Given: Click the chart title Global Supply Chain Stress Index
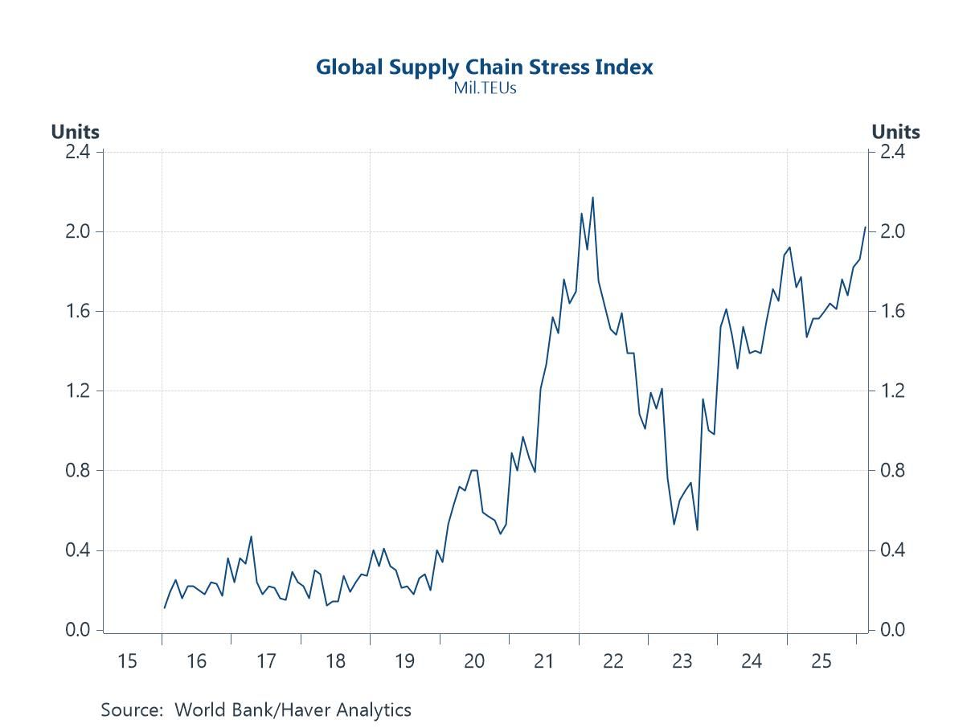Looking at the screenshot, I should click(484, 67).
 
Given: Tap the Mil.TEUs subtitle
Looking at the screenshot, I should click(484, 88).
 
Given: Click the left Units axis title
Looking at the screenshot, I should click(75, 132).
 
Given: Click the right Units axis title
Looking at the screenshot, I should click(895, 132).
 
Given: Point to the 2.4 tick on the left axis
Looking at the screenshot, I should click(79, 152).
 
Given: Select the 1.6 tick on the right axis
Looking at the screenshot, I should click(893, 311).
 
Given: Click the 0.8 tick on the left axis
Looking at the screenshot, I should click(79, 471).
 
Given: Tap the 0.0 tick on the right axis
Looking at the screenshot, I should click(893, 630).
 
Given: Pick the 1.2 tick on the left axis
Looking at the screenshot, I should click(79, 391).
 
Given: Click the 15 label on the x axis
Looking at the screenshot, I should click(127, 661).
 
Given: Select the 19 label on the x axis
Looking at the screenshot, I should click(404, 661).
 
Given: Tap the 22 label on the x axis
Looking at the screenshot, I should click(613, 661).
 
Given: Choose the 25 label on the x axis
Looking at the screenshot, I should click(821, 661).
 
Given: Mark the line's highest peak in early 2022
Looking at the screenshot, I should click(592, 198).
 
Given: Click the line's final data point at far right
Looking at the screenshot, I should click(865, 227).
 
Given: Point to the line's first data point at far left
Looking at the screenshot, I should click(164, 607).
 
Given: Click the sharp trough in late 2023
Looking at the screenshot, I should click(697, 530).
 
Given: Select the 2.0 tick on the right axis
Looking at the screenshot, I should click(893, 231).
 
